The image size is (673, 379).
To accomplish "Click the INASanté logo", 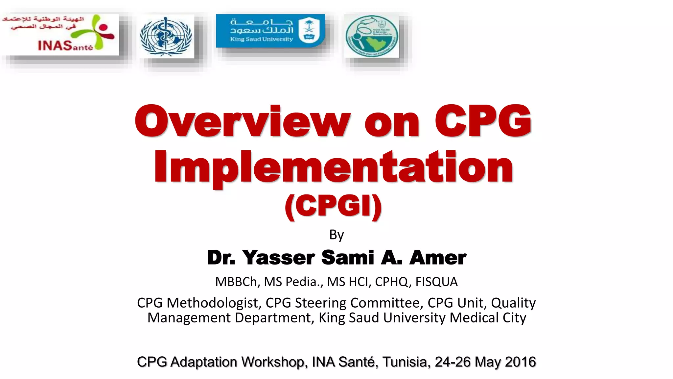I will pos(60,35).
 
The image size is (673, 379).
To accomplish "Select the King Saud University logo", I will pos(270,31).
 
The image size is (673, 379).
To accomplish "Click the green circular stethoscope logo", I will pos(372,37).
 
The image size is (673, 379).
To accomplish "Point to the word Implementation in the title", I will pos(333,167).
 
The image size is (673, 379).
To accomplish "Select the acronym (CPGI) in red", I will pos(333,206).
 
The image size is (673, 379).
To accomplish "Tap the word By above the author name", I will pos(336,235).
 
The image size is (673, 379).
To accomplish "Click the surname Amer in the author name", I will pos(438,258).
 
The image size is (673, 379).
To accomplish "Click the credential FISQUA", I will pos(436,282).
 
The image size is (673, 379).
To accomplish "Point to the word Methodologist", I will pos(214,303).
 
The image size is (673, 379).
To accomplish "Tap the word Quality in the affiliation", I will pos(513,303).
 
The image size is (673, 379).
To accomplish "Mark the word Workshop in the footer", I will pos(274,362).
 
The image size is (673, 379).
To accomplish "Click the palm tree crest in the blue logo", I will pos(309,29).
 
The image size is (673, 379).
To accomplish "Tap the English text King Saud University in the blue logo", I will pos(261,39).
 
